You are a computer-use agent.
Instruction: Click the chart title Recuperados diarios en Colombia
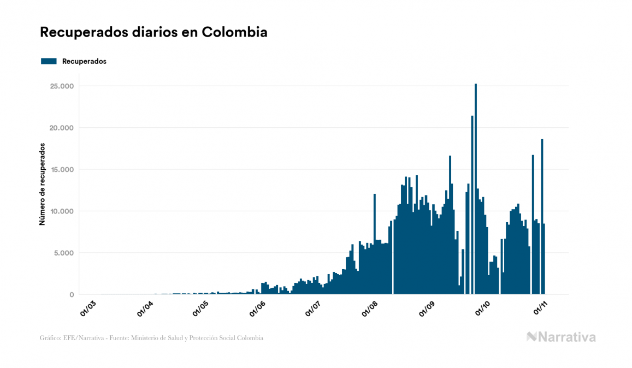pyautogui.click(x=153, y=32)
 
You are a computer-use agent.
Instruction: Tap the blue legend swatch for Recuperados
pyautogui.click(x=49, y=61)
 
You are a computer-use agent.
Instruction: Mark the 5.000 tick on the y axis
pyautogui.click(x=63, y=253)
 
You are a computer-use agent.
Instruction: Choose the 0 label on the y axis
pyautogui.click(x=71, y=295)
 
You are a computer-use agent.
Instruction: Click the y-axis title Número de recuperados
pyautogui.click(x=42, y=184)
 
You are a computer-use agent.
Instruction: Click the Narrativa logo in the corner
pyautogui.click(x=561, y=337)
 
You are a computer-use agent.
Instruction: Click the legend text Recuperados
pyautogui.click(x=84, y=61)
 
